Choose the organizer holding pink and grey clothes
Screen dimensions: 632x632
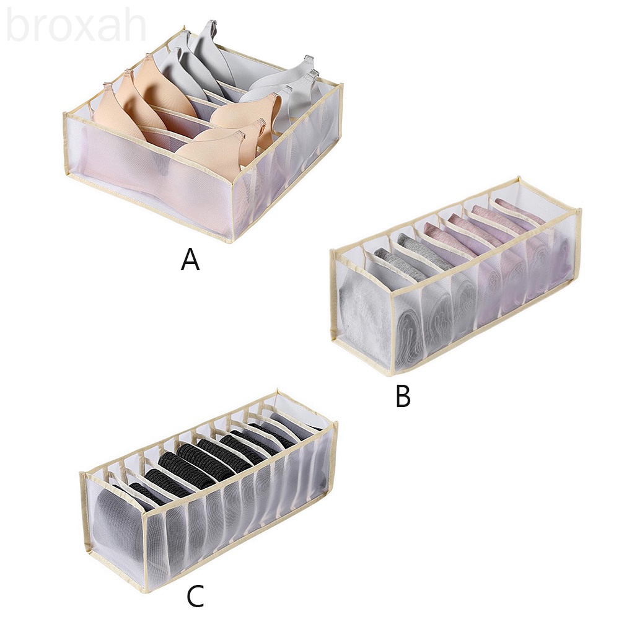coord(455,274)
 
